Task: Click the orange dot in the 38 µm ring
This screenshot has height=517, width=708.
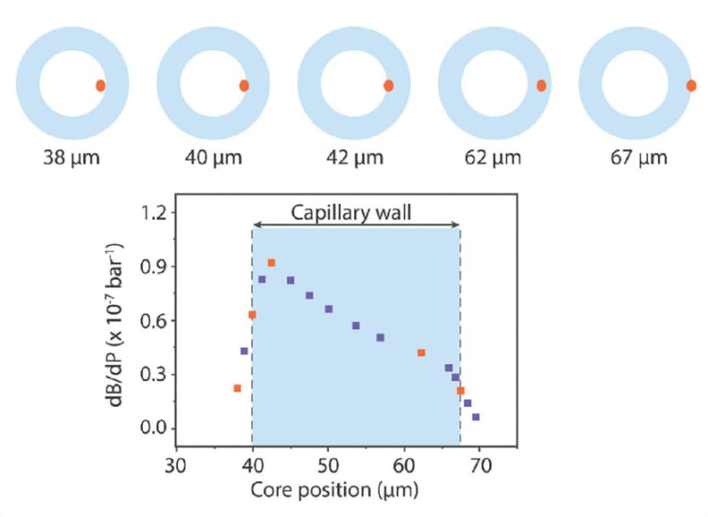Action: click(101, 85)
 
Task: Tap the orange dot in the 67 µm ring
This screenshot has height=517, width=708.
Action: click(691, 86)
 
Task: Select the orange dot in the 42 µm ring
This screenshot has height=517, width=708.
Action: click(389, 86)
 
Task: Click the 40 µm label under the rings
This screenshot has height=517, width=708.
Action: click(214, 159)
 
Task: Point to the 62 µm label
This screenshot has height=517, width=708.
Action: click(496, 159)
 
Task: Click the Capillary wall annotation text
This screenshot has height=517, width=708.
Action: click(357, 213)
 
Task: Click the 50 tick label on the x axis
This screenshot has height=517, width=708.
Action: click(328, 465)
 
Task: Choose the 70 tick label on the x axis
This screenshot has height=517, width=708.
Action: click(480, 465)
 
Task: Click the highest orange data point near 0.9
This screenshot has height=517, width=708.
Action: click(272, 263)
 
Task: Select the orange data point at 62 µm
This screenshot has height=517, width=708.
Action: click(421, 352)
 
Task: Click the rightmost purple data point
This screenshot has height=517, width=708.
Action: click(476, 417)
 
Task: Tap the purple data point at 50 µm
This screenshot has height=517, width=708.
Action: click(328, 309)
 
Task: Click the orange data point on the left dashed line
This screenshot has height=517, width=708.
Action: click(252, 315)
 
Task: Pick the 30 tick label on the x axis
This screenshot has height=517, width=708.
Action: click(176, 465)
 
